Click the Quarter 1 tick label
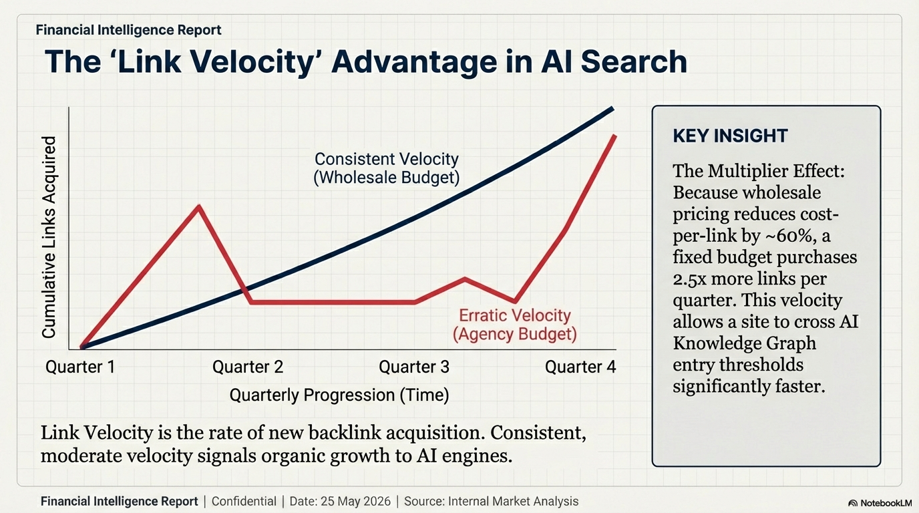click(80, 367)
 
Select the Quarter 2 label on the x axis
click(248, 367)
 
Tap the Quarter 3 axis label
click(414, 367)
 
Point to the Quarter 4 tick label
click(580, 367)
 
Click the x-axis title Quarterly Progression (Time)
click(339, 395)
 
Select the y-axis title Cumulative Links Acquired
click(49, 237)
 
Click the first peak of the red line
click(199, 206)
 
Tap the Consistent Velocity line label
click(387, 160)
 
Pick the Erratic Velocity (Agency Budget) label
click(514, 325)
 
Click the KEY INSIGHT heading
click(730, 136)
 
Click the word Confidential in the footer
click(244, 501)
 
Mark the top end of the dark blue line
click(612, 108)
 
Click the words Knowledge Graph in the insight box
click(744, 343)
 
